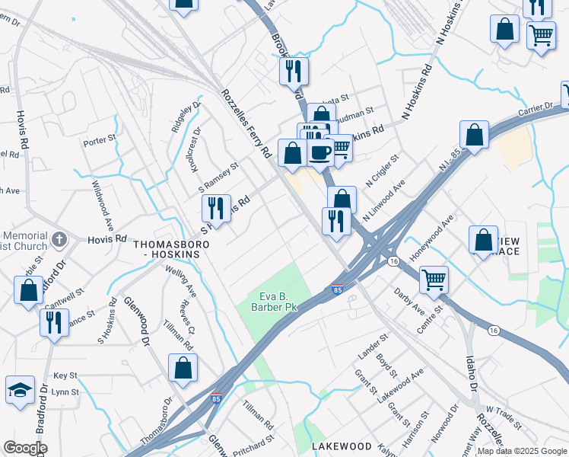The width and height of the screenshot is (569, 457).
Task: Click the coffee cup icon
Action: coord(320,152)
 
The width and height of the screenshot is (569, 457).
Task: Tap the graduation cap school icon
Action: coord(20,389)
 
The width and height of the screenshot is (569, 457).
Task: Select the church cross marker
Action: coord(59,241)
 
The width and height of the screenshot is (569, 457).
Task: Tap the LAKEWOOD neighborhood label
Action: coord(341,446)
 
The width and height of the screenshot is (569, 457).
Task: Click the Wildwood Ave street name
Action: coord(103,206)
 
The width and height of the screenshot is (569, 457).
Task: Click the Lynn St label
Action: coord(66,392)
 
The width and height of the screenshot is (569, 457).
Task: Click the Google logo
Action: coord(25,448)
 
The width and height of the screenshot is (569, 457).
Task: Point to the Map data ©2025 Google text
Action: coord(522,451)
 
